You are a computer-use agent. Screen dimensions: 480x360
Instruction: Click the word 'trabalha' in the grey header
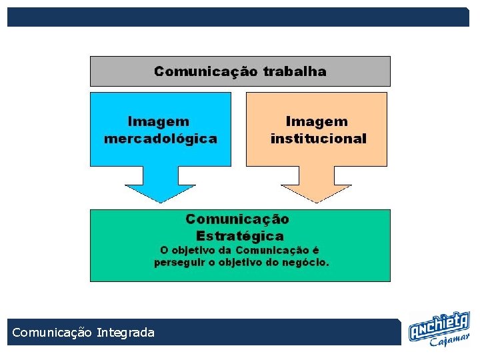tap(295, 71)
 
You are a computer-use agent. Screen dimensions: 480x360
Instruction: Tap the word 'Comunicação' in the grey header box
tap(207, 71)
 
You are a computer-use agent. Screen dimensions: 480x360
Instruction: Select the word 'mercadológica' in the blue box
tap(161, 139)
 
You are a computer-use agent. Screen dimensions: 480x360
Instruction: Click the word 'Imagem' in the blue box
tap(159, 121)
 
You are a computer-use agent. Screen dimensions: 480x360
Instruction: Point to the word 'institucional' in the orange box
tap(318, 139)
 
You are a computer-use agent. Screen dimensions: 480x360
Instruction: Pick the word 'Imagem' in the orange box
tap(317, 121)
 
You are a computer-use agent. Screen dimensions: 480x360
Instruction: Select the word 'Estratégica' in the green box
tap(240, 235)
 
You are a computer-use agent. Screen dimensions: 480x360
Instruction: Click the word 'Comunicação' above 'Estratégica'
tap(237, 219)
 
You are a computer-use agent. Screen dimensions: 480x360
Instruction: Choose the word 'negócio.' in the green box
tap(306, 262)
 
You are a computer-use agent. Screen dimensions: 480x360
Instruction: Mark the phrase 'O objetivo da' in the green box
tap(193, 250)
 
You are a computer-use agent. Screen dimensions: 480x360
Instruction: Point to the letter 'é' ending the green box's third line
tap(316, 250)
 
